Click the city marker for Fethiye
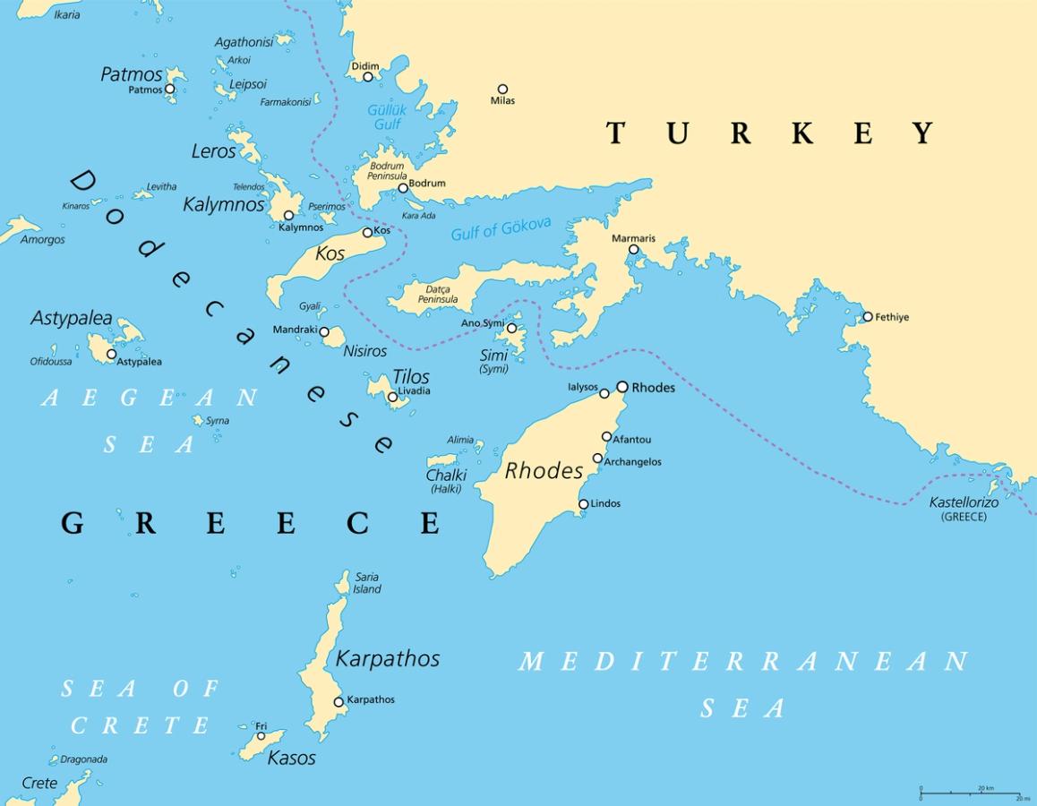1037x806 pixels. [867, 317]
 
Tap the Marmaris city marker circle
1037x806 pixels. [633, 250]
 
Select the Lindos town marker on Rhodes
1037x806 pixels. [583, 504]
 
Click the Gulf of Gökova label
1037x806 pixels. [501, 229]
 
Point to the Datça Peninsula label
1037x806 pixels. [438, 294]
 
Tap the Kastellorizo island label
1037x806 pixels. [964, 503]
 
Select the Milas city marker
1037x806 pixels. [502, 89]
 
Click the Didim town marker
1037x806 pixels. [367, 77]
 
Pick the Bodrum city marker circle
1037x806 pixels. [403, 187]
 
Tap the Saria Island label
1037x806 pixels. [367, 583]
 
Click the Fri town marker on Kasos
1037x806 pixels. [261, 736]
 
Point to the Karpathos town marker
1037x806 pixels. [339, 702]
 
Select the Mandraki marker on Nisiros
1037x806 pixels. [324, 331]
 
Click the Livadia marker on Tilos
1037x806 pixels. [392, 397]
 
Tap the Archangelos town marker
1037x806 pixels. [597, 459]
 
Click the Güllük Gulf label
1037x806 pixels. [387, 117]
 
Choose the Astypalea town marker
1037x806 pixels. [111, 354]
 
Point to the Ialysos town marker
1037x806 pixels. [604, 393]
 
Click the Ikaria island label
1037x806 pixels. [66, 15]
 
